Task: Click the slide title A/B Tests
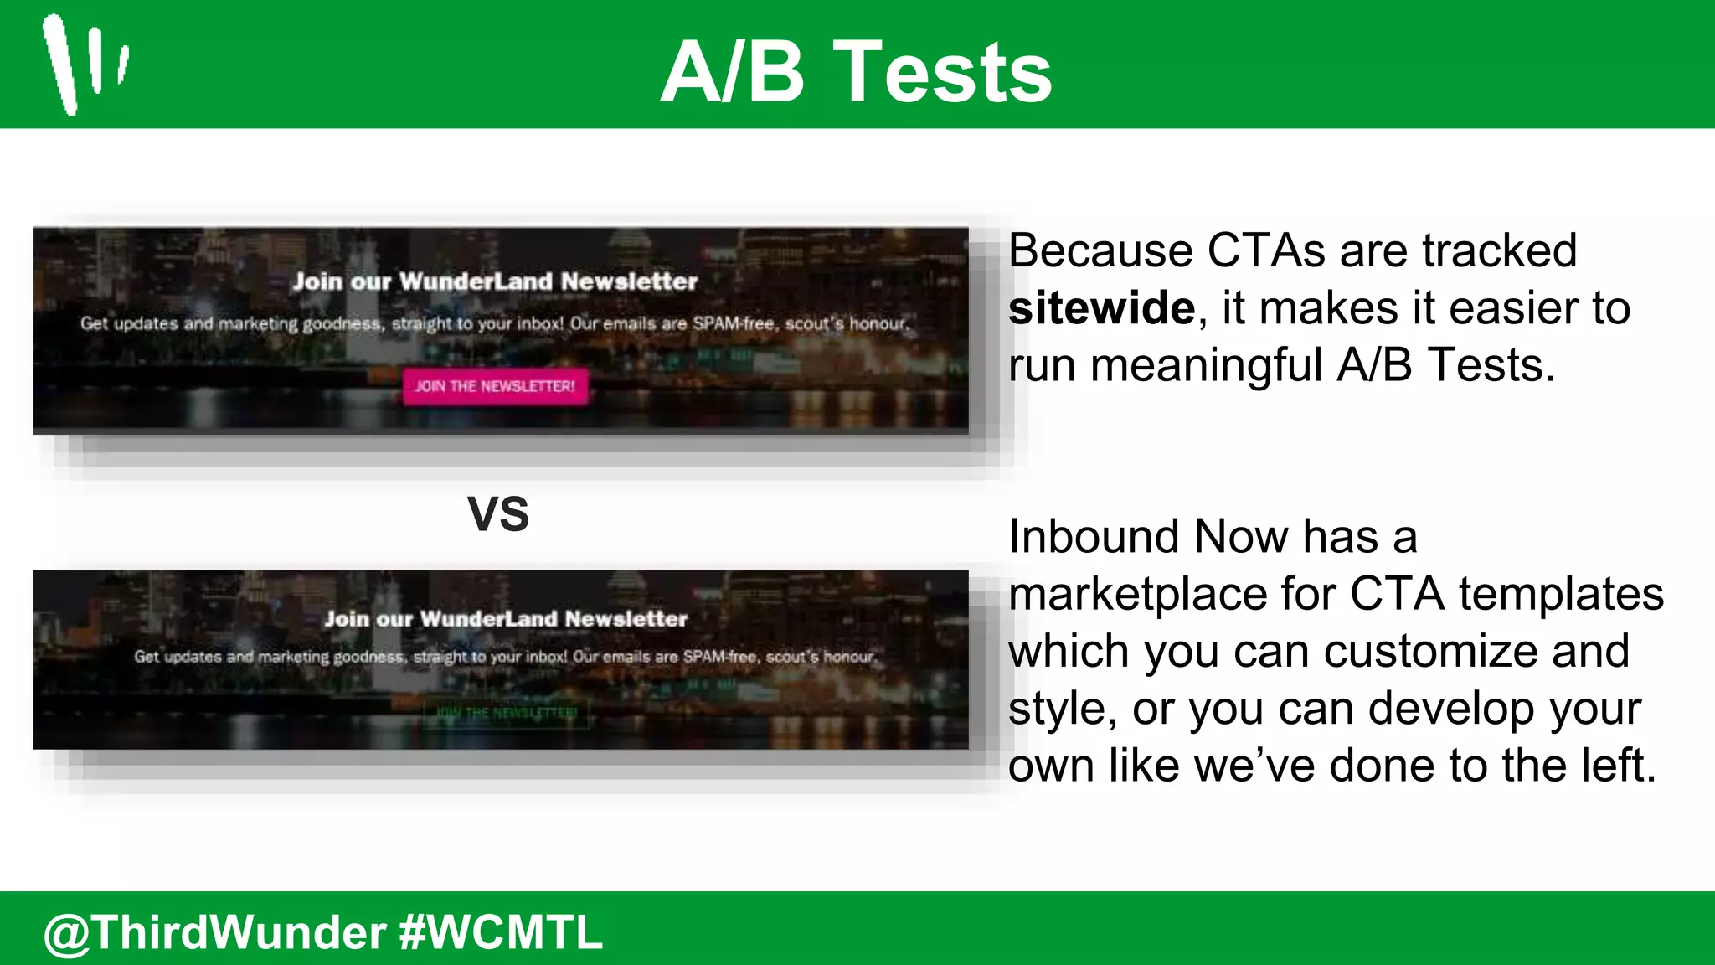(x=856, y=74)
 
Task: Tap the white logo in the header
(x=85, y=64)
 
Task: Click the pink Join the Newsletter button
(x=495, y=386)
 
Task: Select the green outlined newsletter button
(x=506, y=713)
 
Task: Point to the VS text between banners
(x=498, y=513)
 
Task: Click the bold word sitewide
(x=1101, y=308)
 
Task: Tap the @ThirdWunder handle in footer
(x=215, y=932)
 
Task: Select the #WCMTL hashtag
(x=501, y=932)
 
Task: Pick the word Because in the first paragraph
(x=1100, y=250)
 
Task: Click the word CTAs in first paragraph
(x=1266, y=250)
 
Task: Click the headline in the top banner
(x=495, y=281)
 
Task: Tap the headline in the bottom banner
(x=506, y=619)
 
